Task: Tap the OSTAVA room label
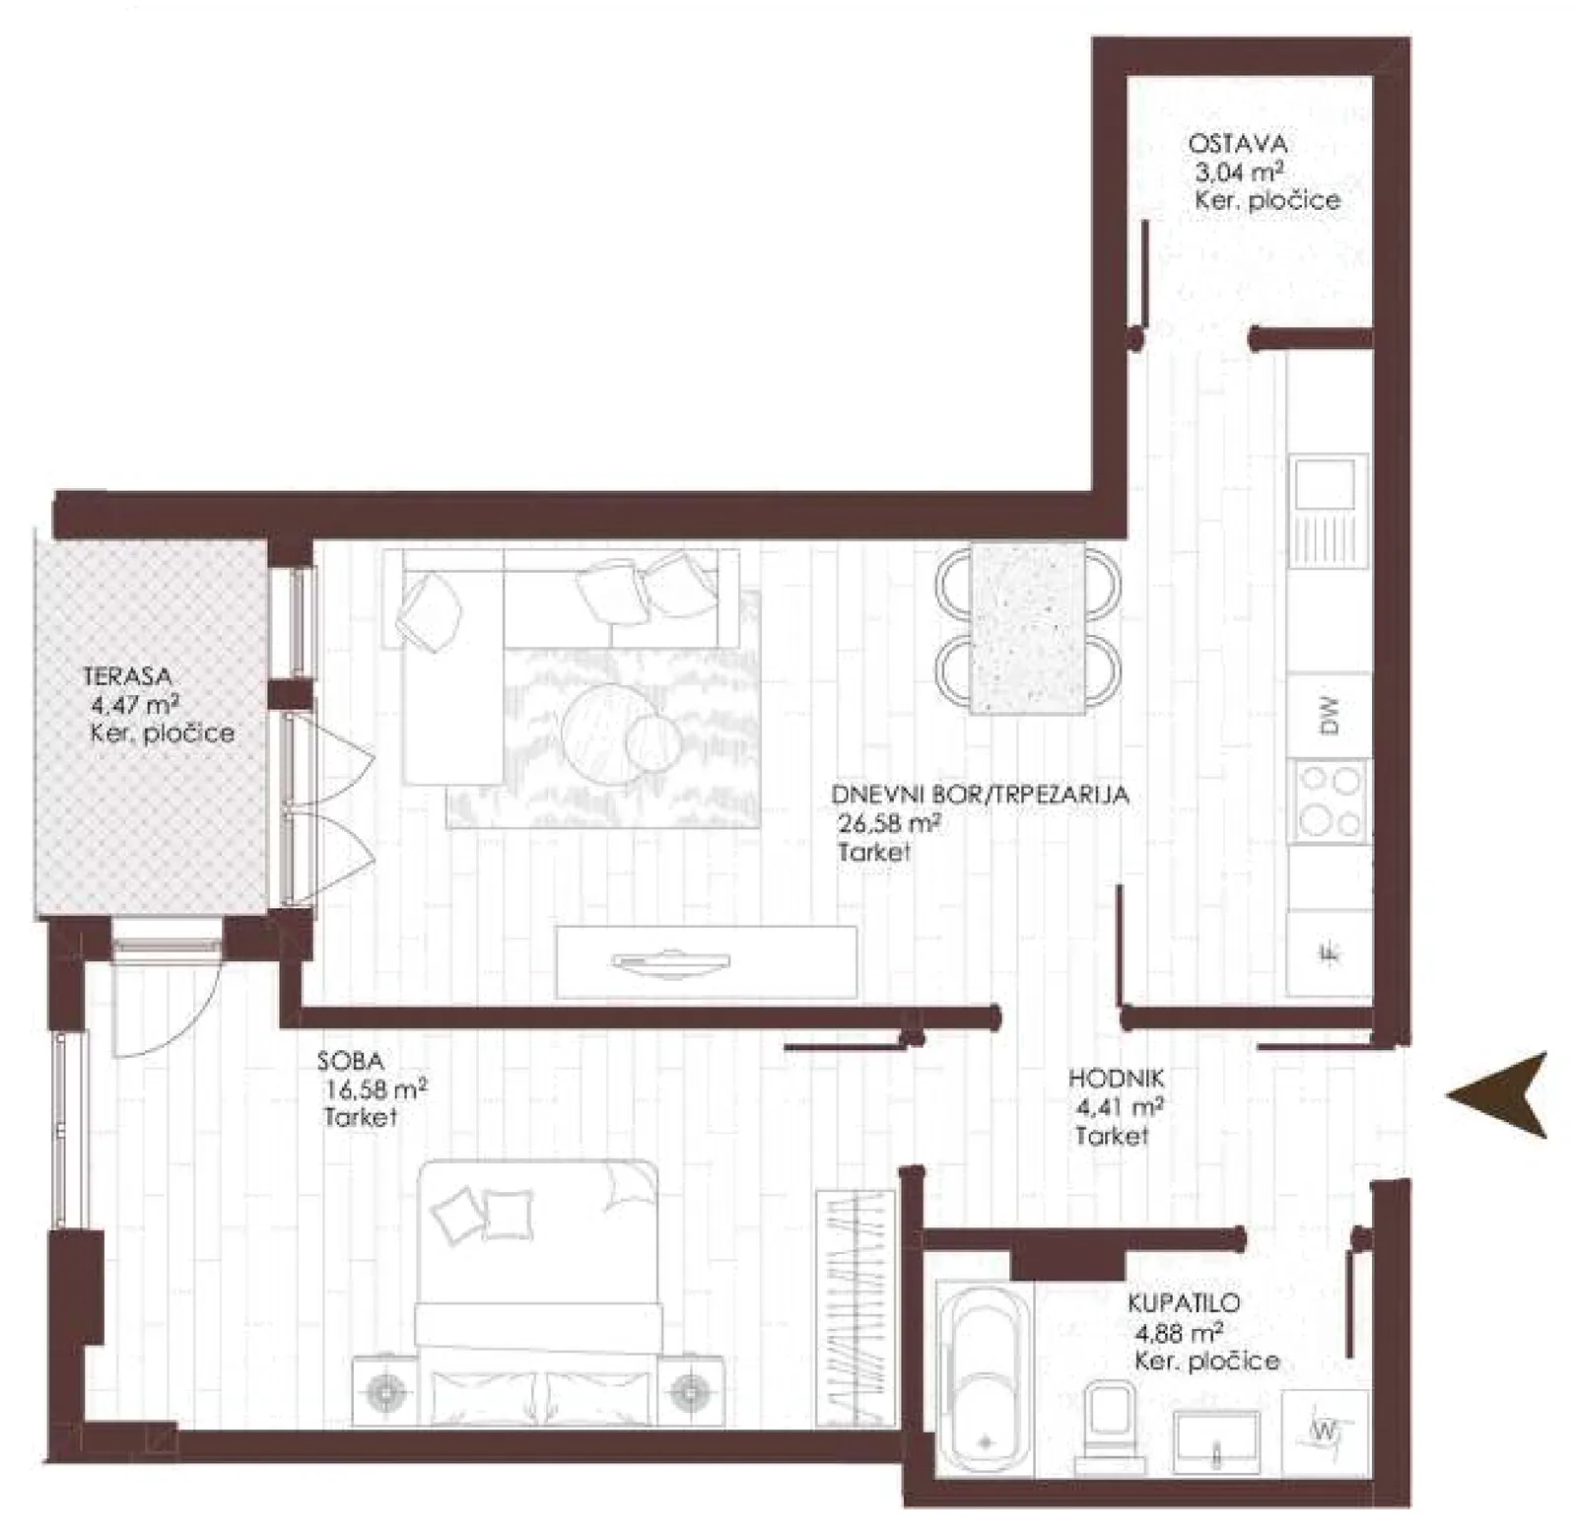pyautogui.click(x=1237, y=144)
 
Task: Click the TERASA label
pyautogui.click(x=127, y=677)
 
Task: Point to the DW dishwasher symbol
pyautogui.click(x=1330, y=716)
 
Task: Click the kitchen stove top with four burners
pyautogui.click(x=1330, y=801)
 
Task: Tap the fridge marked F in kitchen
pyautogui.click(x=1330, y=952)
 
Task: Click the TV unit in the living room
pyautogui.click(x=705, y=961)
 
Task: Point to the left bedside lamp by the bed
pyautogui.click(x=385, y=1392)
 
